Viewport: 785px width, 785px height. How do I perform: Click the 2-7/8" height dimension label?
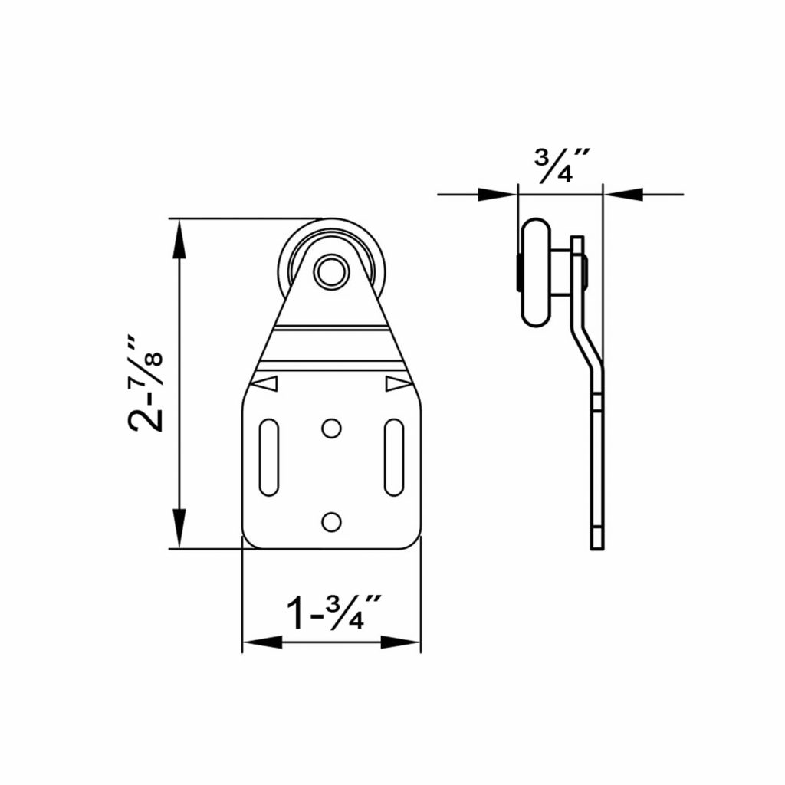pos(146,383)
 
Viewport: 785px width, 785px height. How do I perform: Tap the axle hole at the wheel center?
pos(331,272)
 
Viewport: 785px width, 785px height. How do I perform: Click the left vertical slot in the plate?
pos(269,456)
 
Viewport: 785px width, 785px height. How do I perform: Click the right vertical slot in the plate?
pos(393,456)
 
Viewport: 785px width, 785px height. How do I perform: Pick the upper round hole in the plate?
pos(331,428)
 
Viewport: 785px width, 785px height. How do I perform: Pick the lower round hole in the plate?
pos(331,521)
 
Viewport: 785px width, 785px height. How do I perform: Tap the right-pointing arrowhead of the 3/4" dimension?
pos(498,195)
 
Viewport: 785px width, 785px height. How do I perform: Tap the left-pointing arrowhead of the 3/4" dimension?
pos(622,195)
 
